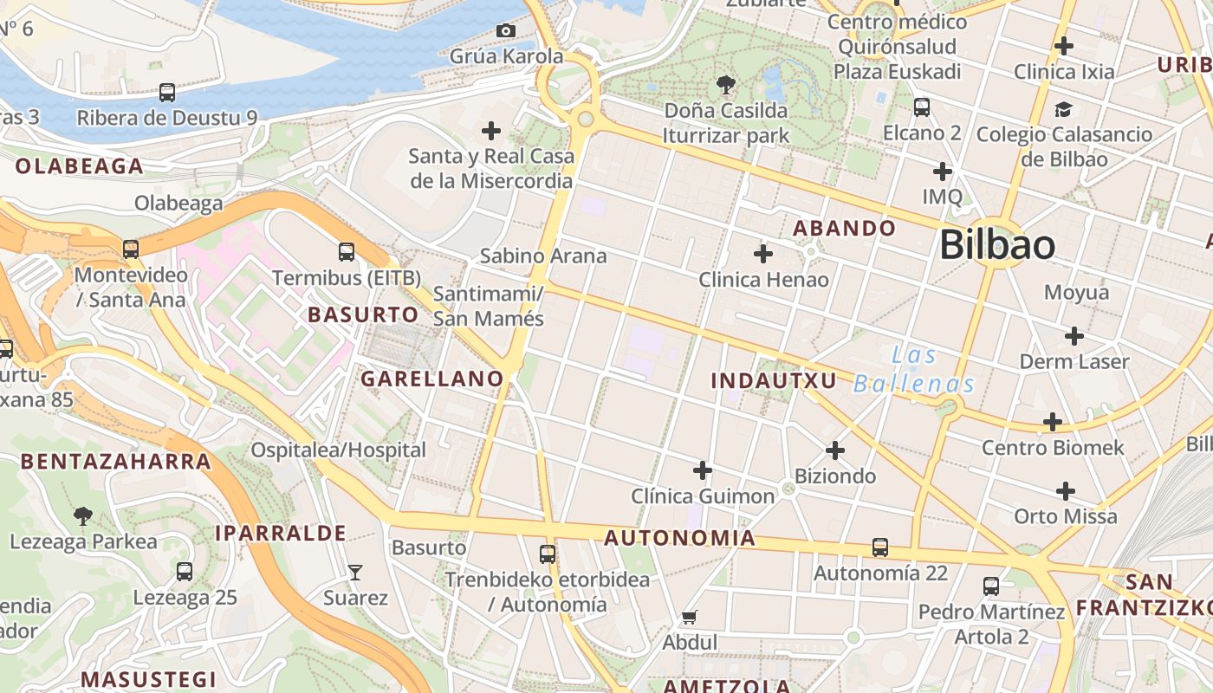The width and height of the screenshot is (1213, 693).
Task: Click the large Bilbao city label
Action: (997, 245)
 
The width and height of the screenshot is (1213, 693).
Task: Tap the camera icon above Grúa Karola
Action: (506, 31)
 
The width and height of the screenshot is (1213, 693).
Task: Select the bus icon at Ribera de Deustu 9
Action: (167, 92)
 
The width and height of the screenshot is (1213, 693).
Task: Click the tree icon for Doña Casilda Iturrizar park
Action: (726, 85)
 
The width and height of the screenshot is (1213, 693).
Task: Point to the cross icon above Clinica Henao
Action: (763, 254)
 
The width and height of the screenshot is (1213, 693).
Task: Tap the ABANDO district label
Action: (844, 228)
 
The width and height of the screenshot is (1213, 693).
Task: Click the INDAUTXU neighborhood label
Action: (774, 380)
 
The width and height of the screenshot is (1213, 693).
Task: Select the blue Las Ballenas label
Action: (914, 369)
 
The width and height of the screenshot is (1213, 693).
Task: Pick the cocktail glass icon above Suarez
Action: (355, 572)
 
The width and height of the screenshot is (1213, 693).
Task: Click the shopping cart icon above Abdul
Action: (690, 617)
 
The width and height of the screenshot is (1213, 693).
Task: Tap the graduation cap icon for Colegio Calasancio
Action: (1063, 109)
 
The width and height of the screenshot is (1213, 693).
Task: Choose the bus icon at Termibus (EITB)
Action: (347, 252)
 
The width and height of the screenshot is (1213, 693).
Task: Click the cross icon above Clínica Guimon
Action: (703, 470)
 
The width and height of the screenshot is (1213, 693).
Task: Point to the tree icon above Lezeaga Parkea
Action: (83, 516)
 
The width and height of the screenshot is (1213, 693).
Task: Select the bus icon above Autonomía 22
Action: (880, 547)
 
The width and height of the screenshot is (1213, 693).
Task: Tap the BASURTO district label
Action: (363, 314)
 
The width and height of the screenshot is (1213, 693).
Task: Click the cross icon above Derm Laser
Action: (1074, 336)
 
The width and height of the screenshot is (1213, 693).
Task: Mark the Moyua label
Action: (1076, 292)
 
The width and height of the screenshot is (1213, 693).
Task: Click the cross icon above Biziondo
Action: (835, 450)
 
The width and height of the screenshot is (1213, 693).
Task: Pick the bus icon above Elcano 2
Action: (922, 107)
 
